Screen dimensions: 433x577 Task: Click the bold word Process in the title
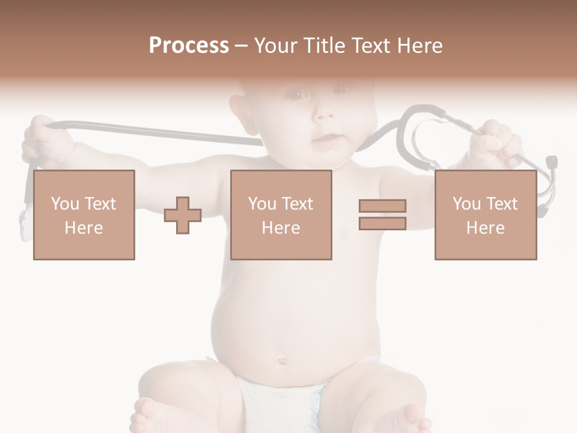coord(189,46)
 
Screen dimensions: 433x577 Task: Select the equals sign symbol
coord(382,215)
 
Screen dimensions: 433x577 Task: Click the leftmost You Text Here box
coord(84,215)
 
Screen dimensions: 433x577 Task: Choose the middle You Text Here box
coord(281,215)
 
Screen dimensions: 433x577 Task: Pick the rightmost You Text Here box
coord(485,215)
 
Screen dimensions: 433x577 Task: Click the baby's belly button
coord(281,362)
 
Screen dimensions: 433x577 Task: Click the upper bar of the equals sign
coord(382,206)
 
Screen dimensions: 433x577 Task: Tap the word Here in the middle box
coord(281,228)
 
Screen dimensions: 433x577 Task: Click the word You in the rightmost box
coord(467,204)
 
